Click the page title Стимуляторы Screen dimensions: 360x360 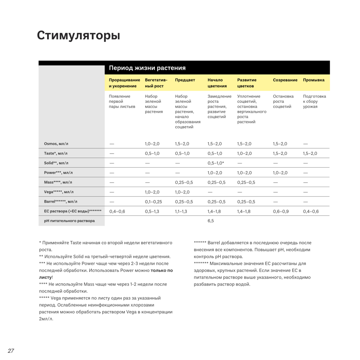[78, 36]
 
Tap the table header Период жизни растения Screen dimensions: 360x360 [147, 68]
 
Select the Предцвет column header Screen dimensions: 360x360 [185, 80]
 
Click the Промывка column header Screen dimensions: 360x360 [314, 80]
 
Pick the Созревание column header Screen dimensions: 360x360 [285, 80]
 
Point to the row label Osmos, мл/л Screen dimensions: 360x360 [56, 144]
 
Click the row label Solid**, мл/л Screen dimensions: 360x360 [56, 163]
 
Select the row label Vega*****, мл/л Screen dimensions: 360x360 [59, 192]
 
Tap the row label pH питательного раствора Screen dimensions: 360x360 [69, 221]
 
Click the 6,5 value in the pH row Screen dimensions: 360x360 [211, 221]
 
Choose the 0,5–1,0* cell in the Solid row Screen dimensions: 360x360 [216, 163]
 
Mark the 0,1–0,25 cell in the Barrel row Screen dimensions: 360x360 [153, 202]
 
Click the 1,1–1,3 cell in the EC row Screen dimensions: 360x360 [181, 211]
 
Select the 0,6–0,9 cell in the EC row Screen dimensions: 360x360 [281, 211]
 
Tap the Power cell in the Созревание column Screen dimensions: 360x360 [280, 173]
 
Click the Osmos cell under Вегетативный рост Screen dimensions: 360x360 [152, 144]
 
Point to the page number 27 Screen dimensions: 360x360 [11, 351]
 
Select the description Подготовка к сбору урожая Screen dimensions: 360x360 [314, 101]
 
